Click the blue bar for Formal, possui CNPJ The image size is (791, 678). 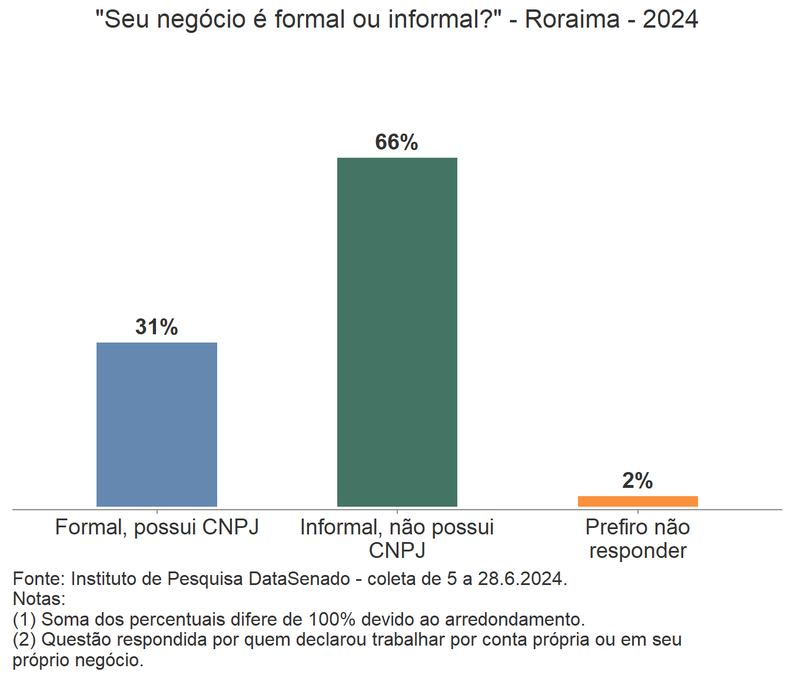pos(157,424)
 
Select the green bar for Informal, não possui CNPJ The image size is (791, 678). pos(397,332)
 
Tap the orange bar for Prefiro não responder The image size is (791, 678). pos(637,501)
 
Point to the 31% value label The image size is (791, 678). pos(157,327)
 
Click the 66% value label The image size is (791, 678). pos(397,142)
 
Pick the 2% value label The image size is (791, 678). pos(637,481)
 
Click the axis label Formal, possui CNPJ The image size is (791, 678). pos(157,527)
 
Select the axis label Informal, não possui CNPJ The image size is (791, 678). pos(397,539)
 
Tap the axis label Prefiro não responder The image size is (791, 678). pos(637,539)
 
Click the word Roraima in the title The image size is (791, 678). pos(572,19)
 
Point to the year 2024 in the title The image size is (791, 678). pos(670,19)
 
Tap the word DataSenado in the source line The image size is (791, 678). pos(299,579)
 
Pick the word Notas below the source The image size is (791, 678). pos(38,599)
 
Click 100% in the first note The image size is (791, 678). pos(332,619)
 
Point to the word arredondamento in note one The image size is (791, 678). pos(514,619)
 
